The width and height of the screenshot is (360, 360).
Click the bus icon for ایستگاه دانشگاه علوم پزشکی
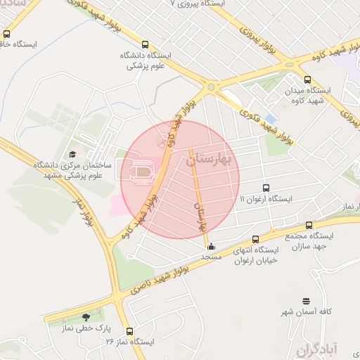(146, 44)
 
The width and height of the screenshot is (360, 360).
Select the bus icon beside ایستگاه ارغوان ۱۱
(266, 188)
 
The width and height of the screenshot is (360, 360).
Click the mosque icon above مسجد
(211, 246)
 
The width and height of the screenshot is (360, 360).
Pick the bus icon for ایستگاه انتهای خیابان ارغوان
(255, 239)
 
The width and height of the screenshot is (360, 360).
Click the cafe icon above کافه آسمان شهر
(305, 300)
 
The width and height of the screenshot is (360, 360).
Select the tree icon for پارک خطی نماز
(86, 317)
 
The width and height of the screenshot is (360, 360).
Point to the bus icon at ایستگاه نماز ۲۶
(129, 331)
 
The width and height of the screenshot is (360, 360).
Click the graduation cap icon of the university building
(73, 154)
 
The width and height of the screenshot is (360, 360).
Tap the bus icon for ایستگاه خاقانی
(7, 33)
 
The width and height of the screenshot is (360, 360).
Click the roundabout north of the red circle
(210, 87)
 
